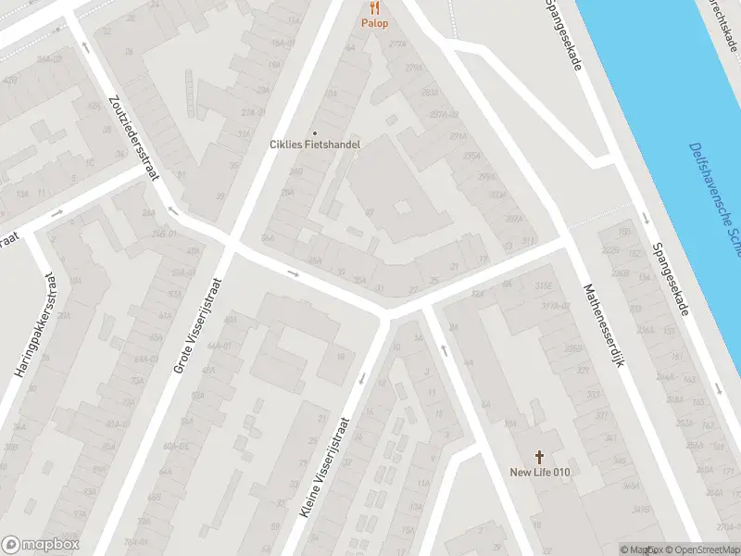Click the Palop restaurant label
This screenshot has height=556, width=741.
[375, 23]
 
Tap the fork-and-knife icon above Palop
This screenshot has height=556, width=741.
[375, 7]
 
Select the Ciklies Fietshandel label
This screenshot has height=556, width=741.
[315, 145]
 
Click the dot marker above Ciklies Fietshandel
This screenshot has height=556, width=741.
[314, 132]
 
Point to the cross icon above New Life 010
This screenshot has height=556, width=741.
[540, 457]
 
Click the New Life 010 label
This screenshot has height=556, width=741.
[540, 473]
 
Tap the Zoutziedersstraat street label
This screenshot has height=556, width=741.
[134, 139]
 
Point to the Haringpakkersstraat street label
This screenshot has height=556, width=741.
[31, 323]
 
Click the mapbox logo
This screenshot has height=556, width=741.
[41, 545]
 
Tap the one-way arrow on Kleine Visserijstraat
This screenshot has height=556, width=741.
[361, 377]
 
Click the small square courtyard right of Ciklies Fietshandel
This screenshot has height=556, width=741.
[403, 208]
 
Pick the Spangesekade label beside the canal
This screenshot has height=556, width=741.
[671, 278]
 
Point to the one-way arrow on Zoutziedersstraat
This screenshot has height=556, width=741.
[86, 46]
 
